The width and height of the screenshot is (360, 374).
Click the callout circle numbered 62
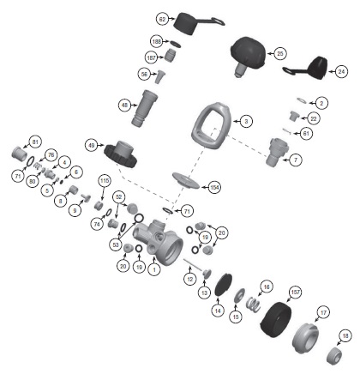pyautogui.click(x=162, y=19)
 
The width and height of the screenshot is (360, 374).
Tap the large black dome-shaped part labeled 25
pyautogui.click(x=248, y=54)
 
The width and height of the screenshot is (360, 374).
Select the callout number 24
pyautogui.click(x=341, y=71)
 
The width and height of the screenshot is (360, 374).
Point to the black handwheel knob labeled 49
pyautogui.click(x=120, y=154)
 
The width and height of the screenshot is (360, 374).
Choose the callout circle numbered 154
pyautogui.click(x=214, y=187)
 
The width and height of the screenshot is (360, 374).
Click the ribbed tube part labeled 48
pyautogui.click(x=144, y=108)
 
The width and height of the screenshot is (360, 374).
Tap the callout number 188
pyautogui.click(x=157, y=41)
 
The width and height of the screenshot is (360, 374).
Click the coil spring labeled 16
pyautogui.click(x=253, y=305)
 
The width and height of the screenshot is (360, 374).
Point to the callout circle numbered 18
pyautogui.click(x=345, y=335)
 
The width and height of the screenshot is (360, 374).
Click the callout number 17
pyautogui.click(x=323, y=313)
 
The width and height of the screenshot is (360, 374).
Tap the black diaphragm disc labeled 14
pyautogui.click(x=223, y=286)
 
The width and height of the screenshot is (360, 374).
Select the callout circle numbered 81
pyautogui.click(x=35, y=142)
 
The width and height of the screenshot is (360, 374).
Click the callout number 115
pyautogui.click(x=105, y=181)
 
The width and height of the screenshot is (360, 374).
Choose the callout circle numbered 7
pyautogui.click(x=296, y=160)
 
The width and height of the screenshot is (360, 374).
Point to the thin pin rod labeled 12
pyautogui.click(x=193, y=264)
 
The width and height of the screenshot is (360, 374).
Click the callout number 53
pyautogui.click(x=116, y=245)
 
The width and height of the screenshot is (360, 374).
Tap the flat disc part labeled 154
pyautogui.click(x=186, y=180)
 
